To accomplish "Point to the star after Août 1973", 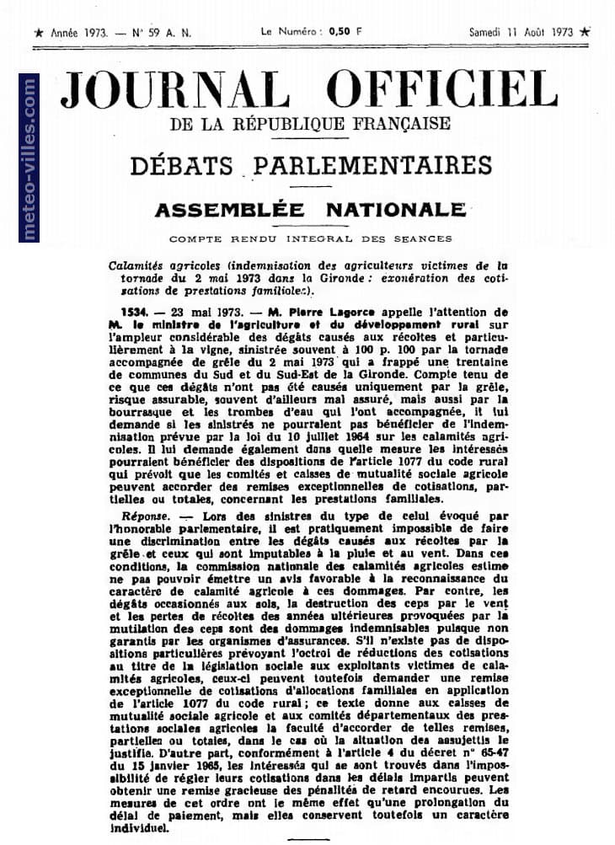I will [x=586, y=32].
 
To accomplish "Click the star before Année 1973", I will [x=38, y=33].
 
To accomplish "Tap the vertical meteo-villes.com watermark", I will [x=29, y=159].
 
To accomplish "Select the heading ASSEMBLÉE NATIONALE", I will [x=309, y=209].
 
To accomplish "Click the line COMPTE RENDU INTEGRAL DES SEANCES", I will [x=309, y=238].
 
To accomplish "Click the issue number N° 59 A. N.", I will [x=162, y=33].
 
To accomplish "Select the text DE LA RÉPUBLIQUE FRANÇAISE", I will [x=309, y=125].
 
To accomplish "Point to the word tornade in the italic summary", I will [x=131, y=278].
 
